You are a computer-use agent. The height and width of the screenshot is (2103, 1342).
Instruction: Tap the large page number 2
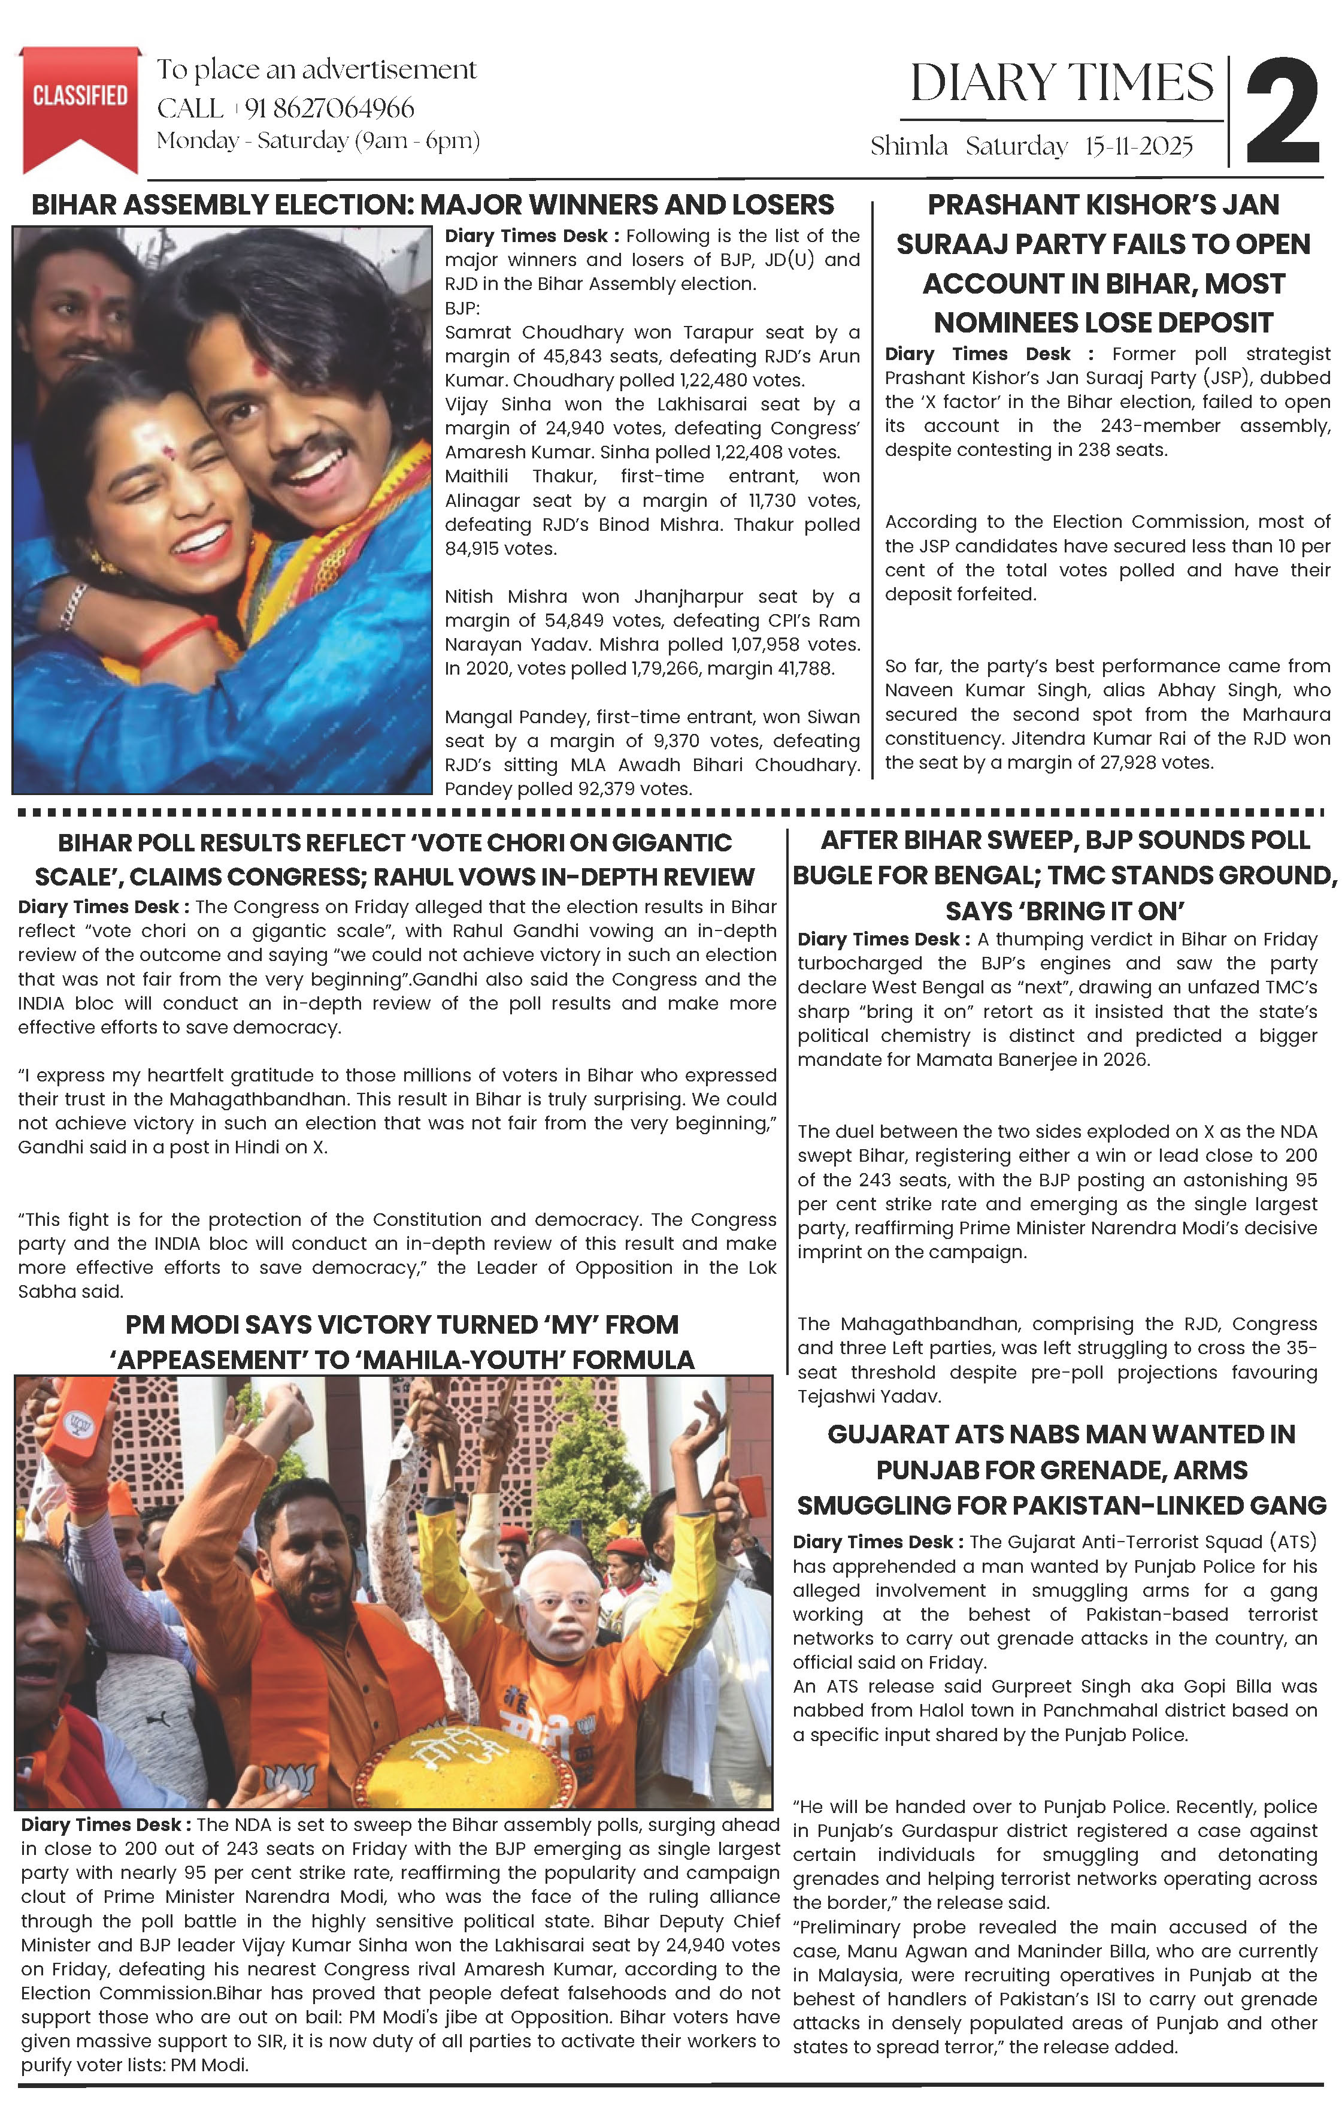(1282, 112)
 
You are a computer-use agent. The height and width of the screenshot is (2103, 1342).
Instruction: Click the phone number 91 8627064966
(329, 108)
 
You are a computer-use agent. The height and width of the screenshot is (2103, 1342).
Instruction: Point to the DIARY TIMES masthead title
(1061, 84)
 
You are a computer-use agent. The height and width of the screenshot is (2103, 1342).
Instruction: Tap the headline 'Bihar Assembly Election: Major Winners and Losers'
(432, 206)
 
